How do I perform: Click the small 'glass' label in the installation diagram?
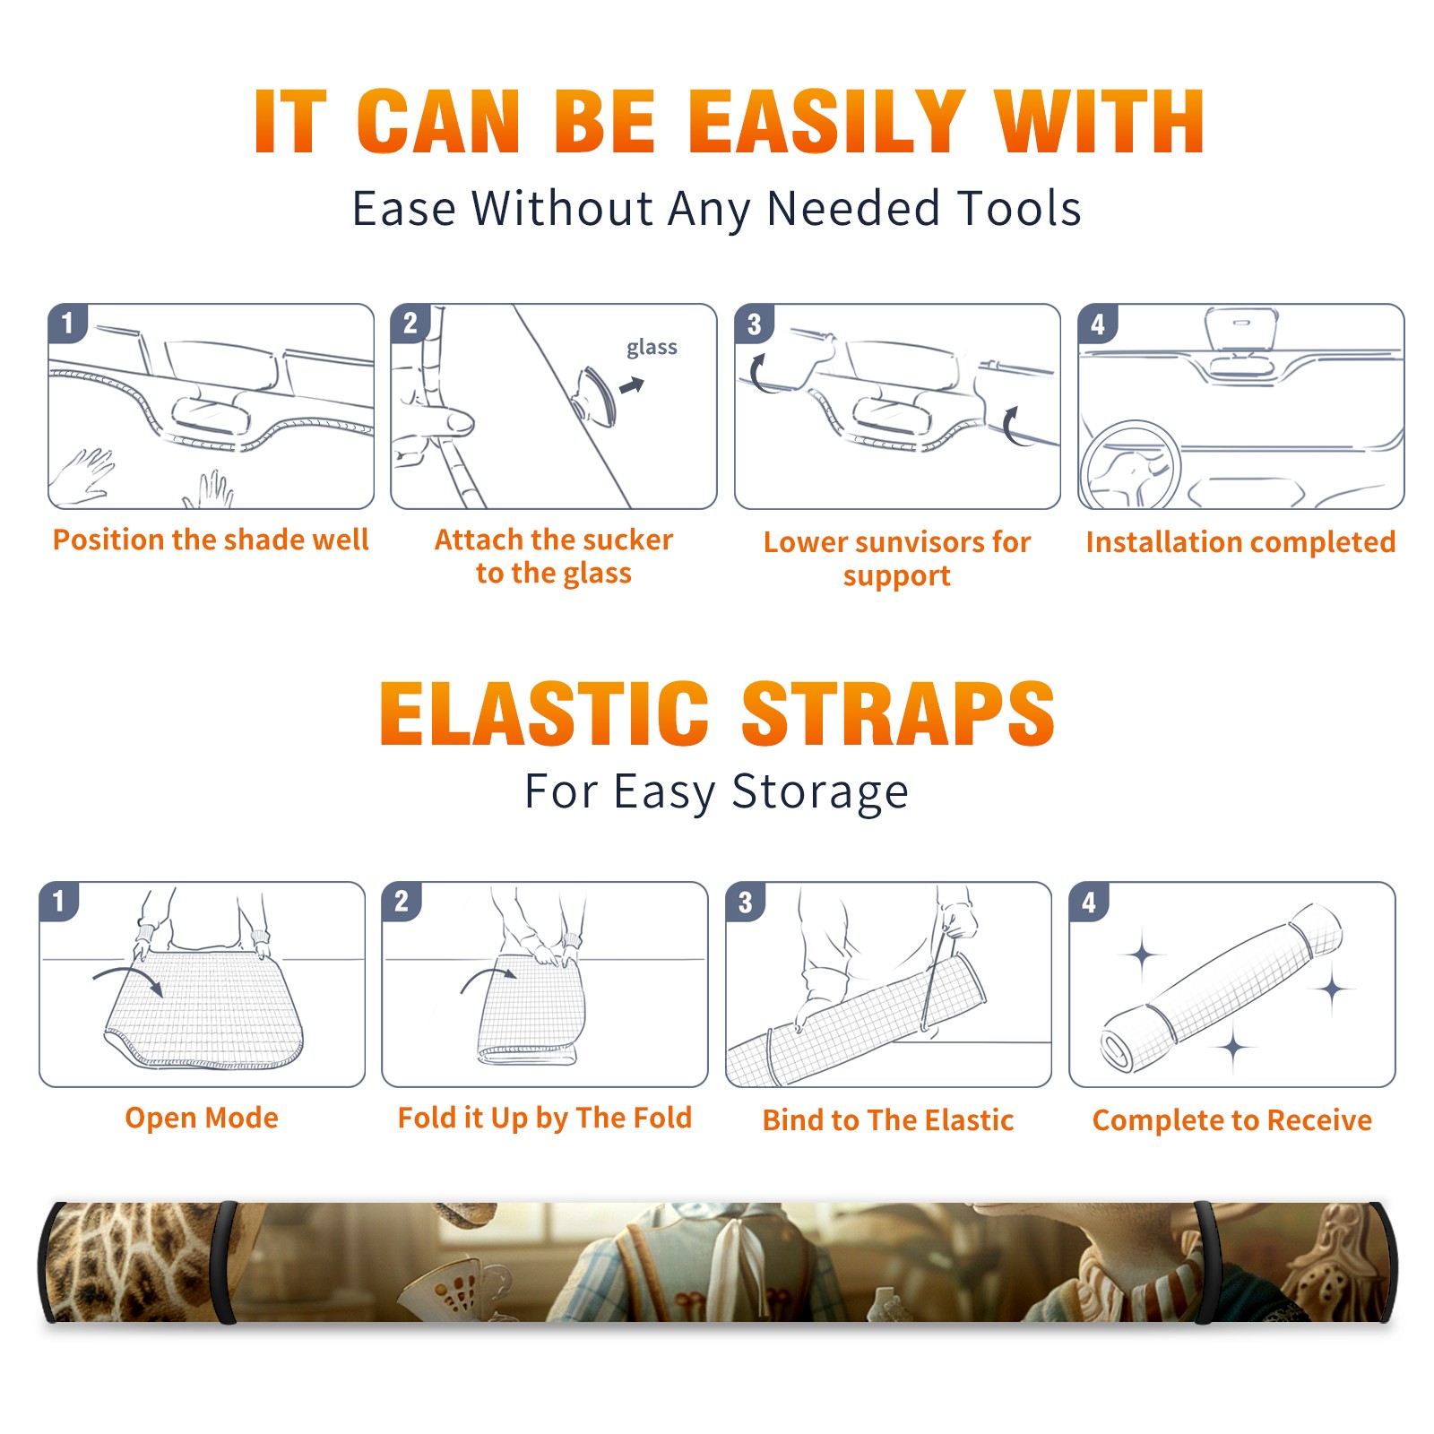pyautogui.click(x=652, y=347)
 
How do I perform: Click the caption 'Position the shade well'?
pyautogui.click(x=211, y=540)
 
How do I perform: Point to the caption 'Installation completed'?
pyautogui.click(x=1240, y=541)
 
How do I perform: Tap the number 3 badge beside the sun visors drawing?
pyautogui.click(x=754, y=324)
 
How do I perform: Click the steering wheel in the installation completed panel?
pyautogui.click(x=1130, y=466)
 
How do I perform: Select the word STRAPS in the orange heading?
pyautogui.click(x=898, y=713)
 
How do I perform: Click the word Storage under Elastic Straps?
pyautogui.click(x=820, y=792)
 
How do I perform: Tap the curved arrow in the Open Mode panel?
pyautogui.click(x=129, y=979)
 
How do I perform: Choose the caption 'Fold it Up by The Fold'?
pyautogui.click(x=545, y=1118)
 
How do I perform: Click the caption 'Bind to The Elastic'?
pyautogui.click(x=888, y=1119)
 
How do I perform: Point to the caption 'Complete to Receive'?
pyautogui.click(x=1232, y=1119)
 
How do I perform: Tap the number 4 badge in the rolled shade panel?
pyautogui.click(x=1089, y=902)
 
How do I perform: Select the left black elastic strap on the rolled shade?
pyautogui.click(x=226, y=1263)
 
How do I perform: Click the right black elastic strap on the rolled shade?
pyautogui.click(x=1205, y=1263)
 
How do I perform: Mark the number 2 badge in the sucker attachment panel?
pyautogui.click(x=410, y=324)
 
